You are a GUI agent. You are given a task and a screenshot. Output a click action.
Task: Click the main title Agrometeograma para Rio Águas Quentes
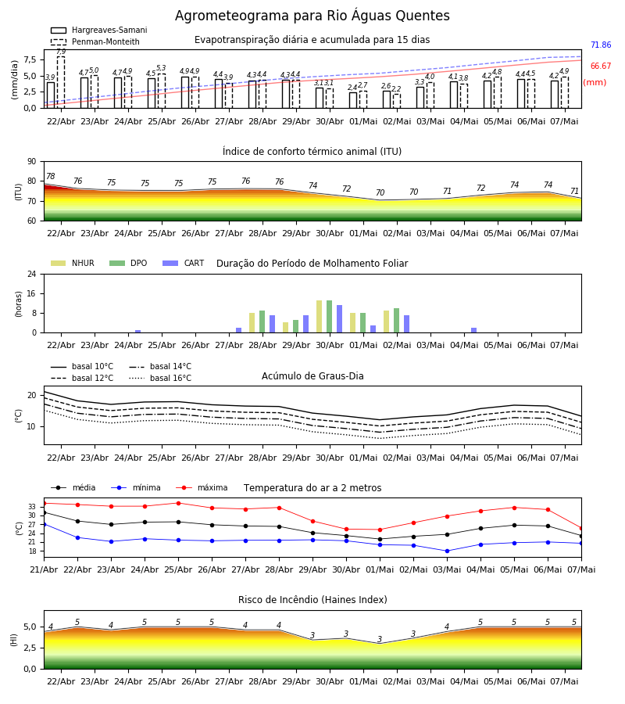pyautogui.click(x=312, y=16)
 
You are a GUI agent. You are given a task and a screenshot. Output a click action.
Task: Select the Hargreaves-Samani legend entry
pyautogui.click(x=99, y=30)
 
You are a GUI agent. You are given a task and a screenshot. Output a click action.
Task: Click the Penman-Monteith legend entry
pyautogui.click(x=95, y=41)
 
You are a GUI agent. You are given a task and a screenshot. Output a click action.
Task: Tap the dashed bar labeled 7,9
pyautogui.click(x=61, y=82)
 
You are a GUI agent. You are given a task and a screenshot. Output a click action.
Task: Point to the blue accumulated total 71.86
pyautogui.click(x=601, y=45)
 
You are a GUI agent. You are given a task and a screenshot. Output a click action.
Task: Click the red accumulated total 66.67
pyautogui.click(x=601, y=66)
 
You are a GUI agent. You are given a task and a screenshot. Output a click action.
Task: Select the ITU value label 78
pyautogui.click(x=51, y=176)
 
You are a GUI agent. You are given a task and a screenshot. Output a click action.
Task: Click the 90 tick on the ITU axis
pyautogui.click(x=32, y=162)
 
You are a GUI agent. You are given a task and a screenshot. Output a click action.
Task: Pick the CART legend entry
pyautogui.click(x=184, y=263)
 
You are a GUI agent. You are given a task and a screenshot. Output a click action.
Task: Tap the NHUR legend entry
pyautogui.click(x=73, y=263)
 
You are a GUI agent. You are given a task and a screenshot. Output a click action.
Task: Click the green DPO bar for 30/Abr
pyautogui.click(x=330, y=317)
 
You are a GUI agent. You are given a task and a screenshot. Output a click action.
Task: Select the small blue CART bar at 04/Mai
pyautogui.click(x=474, y=330)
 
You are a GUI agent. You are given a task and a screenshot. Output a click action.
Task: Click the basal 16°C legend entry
pyautogui.click(x=160, y=378)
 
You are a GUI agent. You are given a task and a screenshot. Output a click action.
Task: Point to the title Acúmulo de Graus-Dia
pyautogui.click(x=312, y=376)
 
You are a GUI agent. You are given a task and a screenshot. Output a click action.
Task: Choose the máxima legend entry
pyautogui.click(x=202, y=487)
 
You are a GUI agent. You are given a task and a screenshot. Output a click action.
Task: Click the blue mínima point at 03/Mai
pyautogui.click(x=447, y=551)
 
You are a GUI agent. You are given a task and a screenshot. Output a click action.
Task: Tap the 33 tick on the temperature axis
pyautogui.click(x=32, y=506)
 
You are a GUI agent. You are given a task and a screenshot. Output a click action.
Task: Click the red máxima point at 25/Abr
pyautogui.click(x=178, y=503)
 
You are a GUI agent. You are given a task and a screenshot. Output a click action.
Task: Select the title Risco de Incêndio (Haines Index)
pyautogui.click(x=312, y=600)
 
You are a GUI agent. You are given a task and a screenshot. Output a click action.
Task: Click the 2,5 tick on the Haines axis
pyautogui.click(x=30, y=648)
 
